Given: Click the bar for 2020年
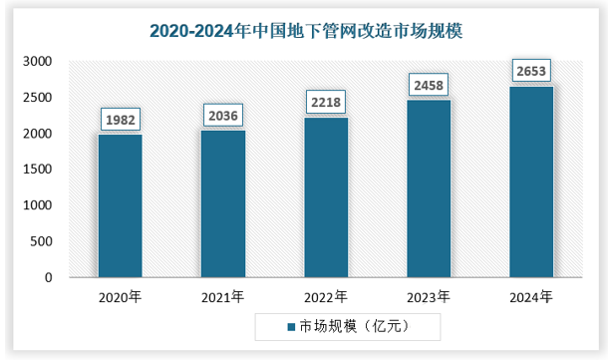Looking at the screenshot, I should click(120, 205).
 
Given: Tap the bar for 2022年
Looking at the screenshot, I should click(326, 197).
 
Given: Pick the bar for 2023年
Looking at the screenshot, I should click(429, 188).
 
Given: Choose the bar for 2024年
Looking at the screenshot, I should click(531, 181).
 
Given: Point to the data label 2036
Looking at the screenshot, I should click(223, 115).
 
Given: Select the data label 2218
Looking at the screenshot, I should click(326, 102).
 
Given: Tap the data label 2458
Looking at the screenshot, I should click(429, 85).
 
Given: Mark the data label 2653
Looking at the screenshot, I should click(531, 71).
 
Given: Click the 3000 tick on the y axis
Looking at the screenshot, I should click(37, 62).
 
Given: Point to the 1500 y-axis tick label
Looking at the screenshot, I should click(37, 170).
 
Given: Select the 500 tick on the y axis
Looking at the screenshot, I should click(41, 241).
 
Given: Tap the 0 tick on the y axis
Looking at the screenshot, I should click(48, 277).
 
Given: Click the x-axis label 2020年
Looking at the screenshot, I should click(120, 297).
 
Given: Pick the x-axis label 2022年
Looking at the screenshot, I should click(326, 297).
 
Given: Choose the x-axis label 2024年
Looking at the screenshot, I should click(531, 297).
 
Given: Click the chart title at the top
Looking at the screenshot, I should click(305, 31).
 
